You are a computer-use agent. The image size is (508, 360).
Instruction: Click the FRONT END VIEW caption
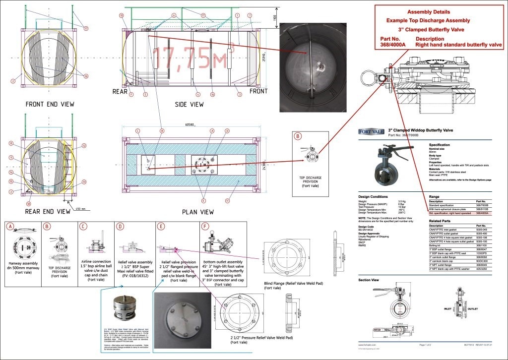(x=50, y=104)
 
